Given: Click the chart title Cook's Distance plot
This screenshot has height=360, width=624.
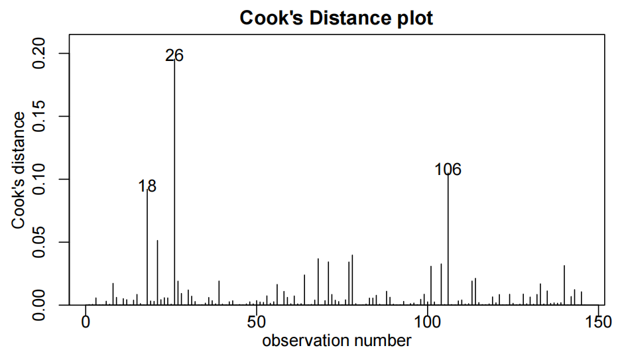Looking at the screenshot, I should [x=336, y=18].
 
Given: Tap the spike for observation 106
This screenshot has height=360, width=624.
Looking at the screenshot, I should [x=448, y=239].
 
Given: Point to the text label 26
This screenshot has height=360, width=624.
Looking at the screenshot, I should [x=174, y=56].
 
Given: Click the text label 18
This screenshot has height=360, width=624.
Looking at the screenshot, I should [x=147, y=186].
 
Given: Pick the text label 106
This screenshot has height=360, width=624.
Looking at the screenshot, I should [x=448, y=170].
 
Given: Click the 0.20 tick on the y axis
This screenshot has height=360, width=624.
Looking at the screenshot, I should [x=41, y=53].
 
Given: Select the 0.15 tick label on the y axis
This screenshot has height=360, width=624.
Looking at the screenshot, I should [x=41, y=116].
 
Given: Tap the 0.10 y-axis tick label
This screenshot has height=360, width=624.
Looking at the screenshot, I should [x=41, y=179].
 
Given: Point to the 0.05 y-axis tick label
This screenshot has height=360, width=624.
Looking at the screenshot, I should [x=41, y=242].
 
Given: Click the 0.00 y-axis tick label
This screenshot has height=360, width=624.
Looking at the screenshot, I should [x=41, y=305].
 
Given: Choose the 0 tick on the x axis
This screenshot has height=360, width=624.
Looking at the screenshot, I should [x=86, y=322].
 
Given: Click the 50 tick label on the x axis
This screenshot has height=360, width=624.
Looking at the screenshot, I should [x=256, y=322].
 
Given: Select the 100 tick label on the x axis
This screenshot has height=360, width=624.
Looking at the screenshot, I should [x=427, y=322].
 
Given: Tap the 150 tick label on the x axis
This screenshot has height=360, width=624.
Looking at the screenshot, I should [x=597, y=322].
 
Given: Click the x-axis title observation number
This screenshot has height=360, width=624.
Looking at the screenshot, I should [x=336, y=341].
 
